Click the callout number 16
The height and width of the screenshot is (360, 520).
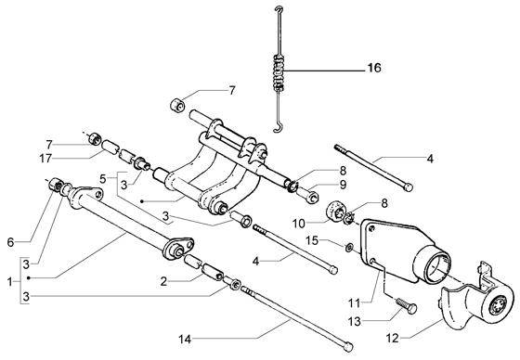pyautogui.click(x=374, y=68)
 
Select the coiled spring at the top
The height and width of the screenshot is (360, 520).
pyautogui.click(x=279, y=72)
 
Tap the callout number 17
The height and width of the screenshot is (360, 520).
pyautogui.click(x=45, y=159)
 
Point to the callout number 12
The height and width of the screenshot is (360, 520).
pyautogui.click(x=392, y=339)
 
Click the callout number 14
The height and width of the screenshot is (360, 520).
pyautogui.click(x=185, y=340)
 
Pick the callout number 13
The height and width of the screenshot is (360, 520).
pyautogui.click(x=354, y=321)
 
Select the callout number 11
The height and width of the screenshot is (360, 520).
pyautogui.click(x=354, y=302)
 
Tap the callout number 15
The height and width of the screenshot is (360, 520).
pyautogui.click(x=312, y=240)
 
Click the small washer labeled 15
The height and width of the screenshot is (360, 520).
pyautogui.click(x=348, y=247)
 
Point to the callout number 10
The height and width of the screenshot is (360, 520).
pyautogui.click(x=298, y=224)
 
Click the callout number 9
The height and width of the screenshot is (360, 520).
pyautogui.click(x=343, y=185)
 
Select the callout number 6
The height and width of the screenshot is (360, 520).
pyautogui.click(x=10, y=242)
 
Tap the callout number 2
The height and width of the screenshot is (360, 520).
pyautogui.click(x=163, y=281)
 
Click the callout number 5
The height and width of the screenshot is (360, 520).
pyautogui.click(x=103, y=179)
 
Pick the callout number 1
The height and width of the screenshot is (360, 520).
pyautogui.click(x=9, y=282)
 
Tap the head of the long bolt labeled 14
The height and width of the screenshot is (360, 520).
pyautogui.click(x=348, y=346)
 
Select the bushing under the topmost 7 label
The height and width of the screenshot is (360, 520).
pyautogui.click(x=177, y=106)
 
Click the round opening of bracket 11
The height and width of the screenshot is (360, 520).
pyautogui.click(x=437, y=268)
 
